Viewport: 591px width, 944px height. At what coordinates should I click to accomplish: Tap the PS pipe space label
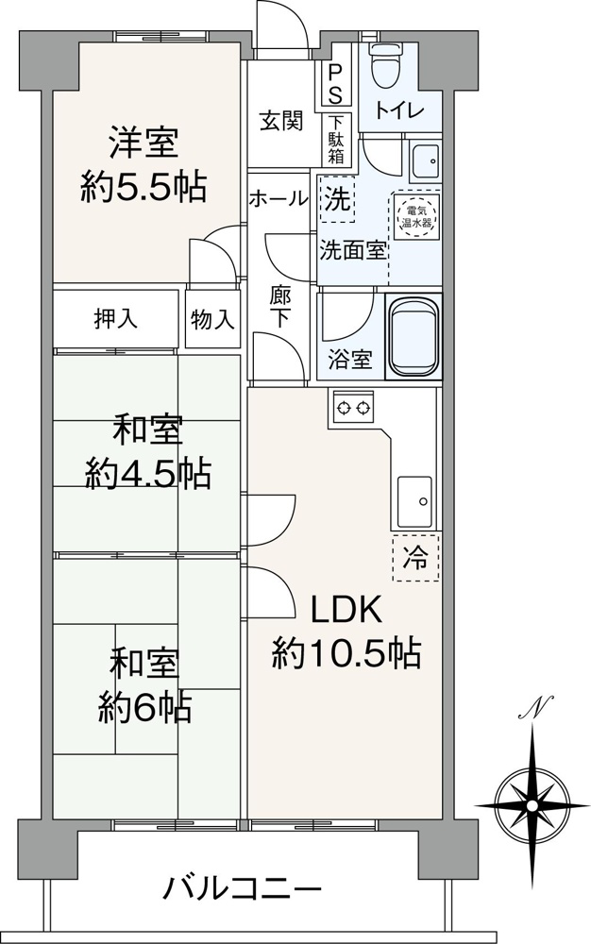point(334,84)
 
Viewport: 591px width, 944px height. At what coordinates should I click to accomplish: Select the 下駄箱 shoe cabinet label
point(336,140)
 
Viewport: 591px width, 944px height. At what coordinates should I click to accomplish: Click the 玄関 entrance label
point(281,122)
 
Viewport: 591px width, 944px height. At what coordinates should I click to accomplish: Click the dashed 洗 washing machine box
point(337,198)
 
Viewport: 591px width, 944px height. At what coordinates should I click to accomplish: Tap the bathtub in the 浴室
point(414,336)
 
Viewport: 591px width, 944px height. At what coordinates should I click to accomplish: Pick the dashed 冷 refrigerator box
point(415,558)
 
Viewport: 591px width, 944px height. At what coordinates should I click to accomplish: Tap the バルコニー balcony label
point(244,887)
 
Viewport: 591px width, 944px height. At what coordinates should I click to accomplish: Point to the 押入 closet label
point(115,318)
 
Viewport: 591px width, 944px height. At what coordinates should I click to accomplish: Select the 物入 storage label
point(212,319)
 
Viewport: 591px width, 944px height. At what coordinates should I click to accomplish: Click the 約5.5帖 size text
point(144,187)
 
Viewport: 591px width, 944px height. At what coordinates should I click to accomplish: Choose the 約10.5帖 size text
point(346,652)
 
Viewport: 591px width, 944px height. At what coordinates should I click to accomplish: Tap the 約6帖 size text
point(145,707)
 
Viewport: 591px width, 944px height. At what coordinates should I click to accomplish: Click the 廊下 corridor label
point(280,307)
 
